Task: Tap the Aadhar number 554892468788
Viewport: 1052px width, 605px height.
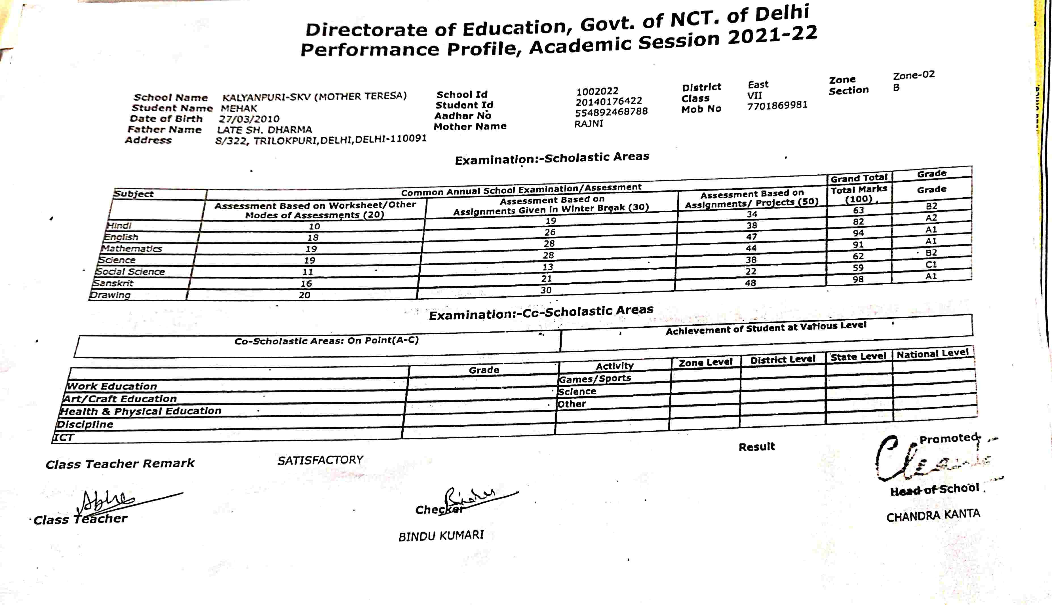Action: pos(611,112)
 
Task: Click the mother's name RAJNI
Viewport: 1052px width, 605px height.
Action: pos(588,123)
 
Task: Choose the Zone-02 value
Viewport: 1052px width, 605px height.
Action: pos(914,75)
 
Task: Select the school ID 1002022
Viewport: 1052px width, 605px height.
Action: pos(597,91)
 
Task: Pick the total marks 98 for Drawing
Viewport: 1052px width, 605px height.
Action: pos(858,279)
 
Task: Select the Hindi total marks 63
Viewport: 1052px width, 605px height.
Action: pos(858,210)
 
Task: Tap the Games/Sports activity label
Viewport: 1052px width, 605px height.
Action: pos(594,378)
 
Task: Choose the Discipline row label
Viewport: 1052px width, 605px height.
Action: pos(85,424)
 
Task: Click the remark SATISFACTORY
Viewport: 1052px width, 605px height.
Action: pos(320,460)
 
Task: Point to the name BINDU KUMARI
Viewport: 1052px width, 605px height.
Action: pos(441,536)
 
